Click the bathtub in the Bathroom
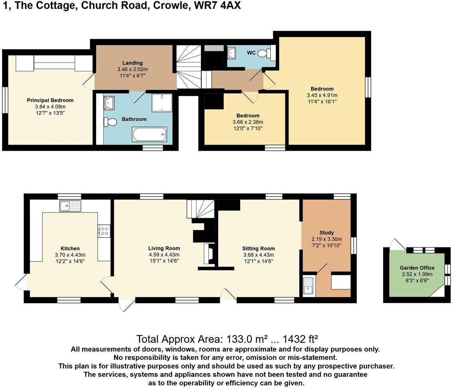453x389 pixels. pos(150,134)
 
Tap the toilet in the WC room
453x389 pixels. pos(264,53)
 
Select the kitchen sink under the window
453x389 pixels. pos(70,206)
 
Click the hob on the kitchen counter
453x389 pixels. pos(104,231)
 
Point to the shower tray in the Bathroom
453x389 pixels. pos(162,102)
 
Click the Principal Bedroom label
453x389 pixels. pos(50,100)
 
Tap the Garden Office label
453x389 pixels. pos(417,268)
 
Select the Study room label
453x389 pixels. pos(327,233)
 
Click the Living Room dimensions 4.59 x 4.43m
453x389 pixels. pos(164,255)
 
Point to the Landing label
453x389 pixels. pos(133,63)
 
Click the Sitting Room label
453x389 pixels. pos(258,248)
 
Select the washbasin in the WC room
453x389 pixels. pos(232,52)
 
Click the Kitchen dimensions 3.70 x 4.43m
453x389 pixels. pos(70,255)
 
